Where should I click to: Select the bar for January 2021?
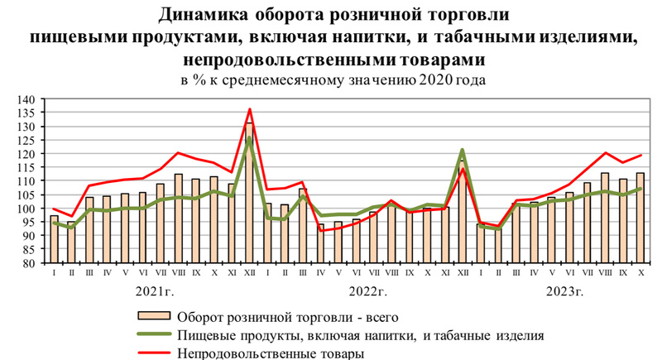[55, 240]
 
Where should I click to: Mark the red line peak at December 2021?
[249, 109]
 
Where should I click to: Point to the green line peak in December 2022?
[461, 150]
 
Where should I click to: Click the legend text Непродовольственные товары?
[269, 354]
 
